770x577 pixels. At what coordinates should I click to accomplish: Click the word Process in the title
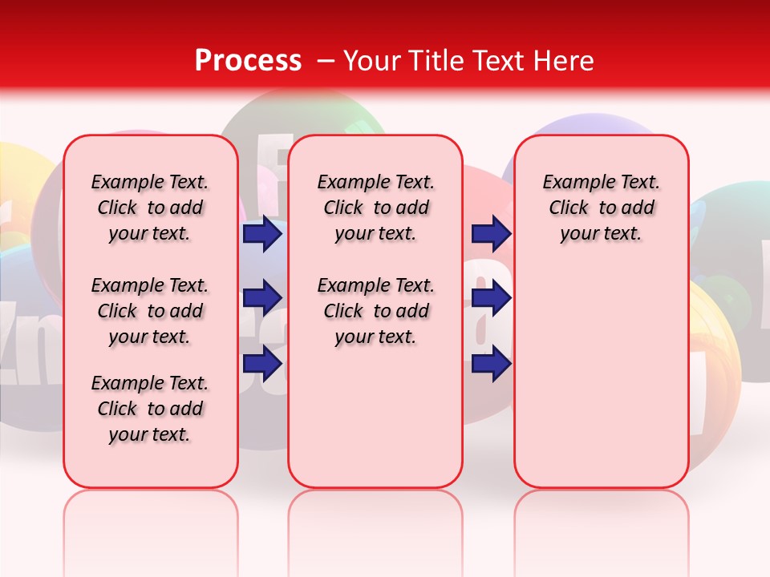[248, 60]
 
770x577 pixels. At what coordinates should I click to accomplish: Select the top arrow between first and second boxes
[262, 233]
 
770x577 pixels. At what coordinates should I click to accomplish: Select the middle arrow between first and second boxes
[262, 298]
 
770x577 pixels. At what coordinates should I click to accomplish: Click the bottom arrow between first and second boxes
[262, 364]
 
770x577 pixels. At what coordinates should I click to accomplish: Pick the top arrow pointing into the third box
[491, 233]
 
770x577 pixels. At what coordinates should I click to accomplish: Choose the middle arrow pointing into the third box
[491, 298]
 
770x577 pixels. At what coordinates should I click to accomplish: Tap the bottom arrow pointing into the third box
[491, 364]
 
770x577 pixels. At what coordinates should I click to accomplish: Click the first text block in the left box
[150, 208]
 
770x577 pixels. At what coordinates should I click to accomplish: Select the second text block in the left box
[150, 311]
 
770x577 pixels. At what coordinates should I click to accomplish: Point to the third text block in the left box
[150, 409]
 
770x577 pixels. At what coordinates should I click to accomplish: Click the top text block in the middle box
[375, 208]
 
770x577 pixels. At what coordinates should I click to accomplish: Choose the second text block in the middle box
[375, 311]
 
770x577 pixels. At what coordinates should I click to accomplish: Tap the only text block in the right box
[601, 208]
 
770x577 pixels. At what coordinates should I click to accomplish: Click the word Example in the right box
[573, 183]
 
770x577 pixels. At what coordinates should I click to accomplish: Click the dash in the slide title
[326, 61]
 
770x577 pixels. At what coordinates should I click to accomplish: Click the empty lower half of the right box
[601, 385]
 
